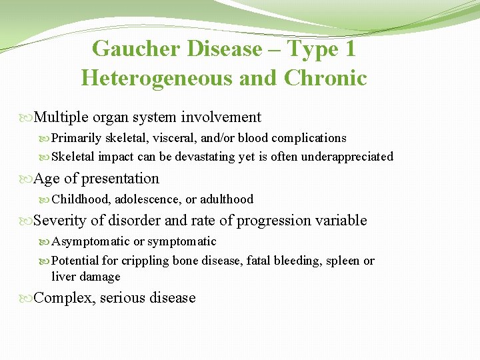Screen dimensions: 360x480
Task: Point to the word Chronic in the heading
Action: pos(325,78)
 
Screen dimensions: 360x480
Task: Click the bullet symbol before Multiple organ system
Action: pos(27,118)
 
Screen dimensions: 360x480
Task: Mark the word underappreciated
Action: pos(347,157)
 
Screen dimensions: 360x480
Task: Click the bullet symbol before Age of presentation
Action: pos(27,179)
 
